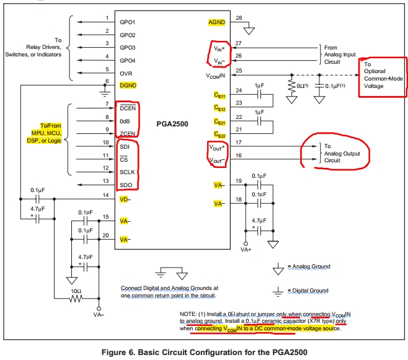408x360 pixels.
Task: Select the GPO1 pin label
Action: click(128, 22)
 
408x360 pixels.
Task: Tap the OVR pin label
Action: click(126, 73)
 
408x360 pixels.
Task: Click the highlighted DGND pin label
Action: click(128, 85)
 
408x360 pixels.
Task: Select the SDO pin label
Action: click(126, 184)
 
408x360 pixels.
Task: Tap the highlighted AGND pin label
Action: click(216, 22)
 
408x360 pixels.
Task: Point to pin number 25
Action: click(239, 71)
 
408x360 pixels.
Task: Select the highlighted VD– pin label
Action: click(125, 200)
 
